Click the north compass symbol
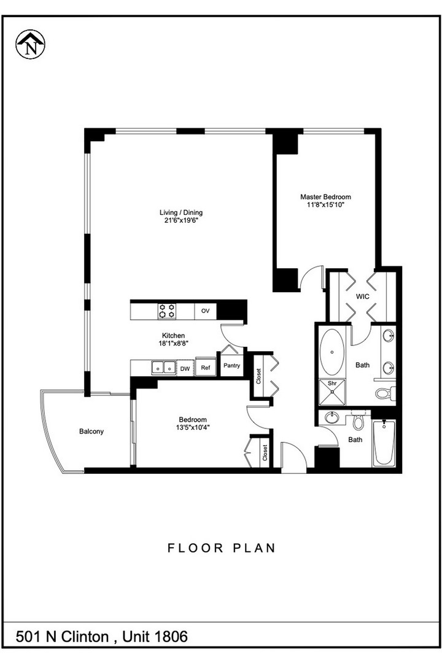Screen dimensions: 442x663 [x=31, y=44]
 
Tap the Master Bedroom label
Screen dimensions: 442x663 [x=325, y=196]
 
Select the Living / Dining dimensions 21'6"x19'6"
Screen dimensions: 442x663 [x=181, y=220]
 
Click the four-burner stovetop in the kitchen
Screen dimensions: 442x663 [x=167, y=311]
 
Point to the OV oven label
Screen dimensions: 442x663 [x=205, y=311]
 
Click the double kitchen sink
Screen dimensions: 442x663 [x=164, y=368]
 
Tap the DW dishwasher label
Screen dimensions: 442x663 [x=185, y=369]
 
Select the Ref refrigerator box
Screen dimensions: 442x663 [x=206, y=368]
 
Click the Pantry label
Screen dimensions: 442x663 [x=232, y=365]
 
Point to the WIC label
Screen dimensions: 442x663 [x=362, y=297]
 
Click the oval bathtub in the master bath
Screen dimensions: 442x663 [x=332, y=352]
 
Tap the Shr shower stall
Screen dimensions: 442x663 [x=332, y=392]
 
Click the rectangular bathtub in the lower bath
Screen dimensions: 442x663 [x=384, y=443]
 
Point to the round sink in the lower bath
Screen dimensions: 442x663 [x=331, y=418]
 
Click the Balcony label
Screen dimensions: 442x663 [x=91, y=432]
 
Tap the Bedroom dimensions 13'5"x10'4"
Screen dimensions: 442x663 [x=193, y=427]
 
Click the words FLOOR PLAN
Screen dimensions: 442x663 [x=222, y=548]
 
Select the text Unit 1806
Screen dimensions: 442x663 [x=155, y=637]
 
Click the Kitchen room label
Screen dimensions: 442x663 [x=173, y=335]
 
